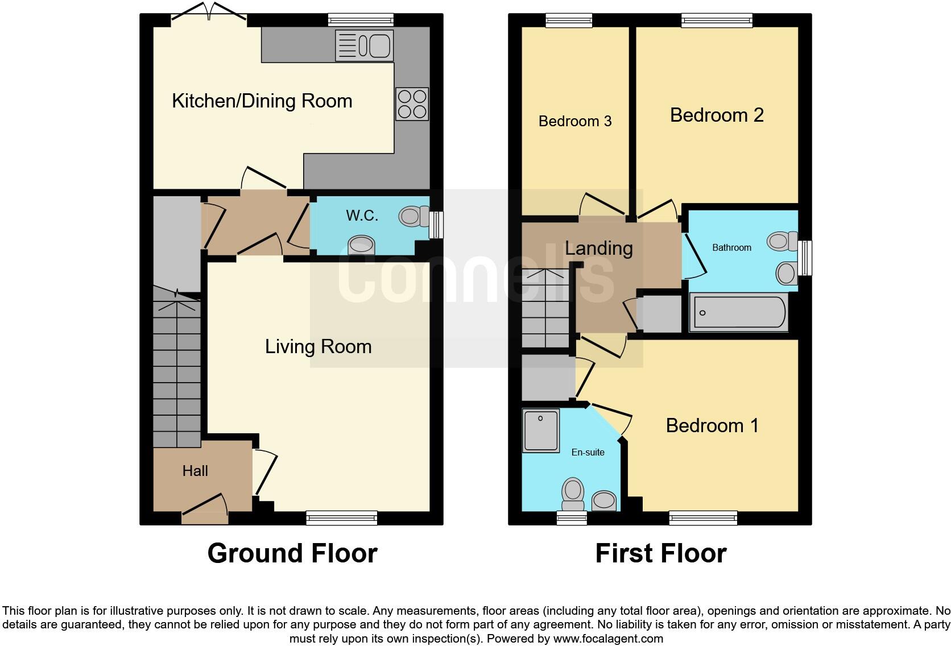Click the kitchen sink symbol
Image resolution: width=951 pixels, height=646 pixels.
click(x=365, y=45)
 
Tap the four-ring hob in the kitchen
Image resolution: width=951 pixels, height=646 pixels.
click(x=412, y=104)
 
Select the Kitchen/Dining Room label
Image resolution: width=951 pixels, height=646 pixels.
click(x=262, y=101)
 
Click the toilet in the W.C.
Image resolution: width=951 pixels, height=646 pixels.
click(x=414, y=216)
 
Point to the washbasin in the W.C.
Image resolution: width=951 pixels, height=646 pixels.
click(x=361, y=246)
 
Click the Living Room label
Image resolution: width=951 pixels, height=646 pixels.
click(x=318, y=347)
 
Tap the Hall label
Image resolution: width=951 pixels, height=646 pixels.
click(x=195, y=471)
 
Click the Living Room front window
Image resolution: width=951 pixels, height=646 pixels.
click(x=341, y=517)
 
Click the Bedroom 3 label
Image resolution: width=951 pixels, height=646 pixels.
click(x=575, y=121)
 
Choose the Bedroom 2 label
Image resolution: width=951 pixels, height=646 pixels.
click(x=717, y=115)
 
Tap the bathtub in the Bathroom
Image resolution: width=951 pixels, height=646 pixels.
click(x=738, y=312)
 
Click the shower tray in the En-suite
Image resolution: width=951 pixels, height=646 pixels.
click(x=540, y=430)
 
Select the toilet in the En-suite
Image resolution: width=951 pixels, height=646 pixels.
click(x=573, y=494)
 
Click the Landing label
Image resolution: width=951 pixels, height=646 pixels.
click(x=598, y=249)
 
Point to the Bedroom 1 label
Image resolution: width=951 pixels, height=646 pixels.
click(x=712, y=426)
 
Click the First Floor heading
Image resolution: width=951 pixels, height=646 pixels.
click(x=660, y=553)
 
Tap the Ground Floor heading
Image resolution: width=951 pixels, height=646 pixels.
click(x=292, y=553)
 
